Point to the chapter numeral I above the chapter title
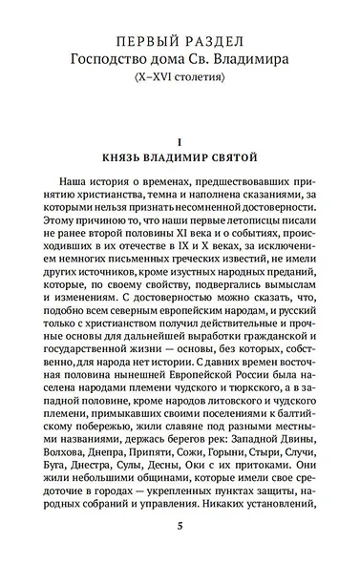click(180, 141)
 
